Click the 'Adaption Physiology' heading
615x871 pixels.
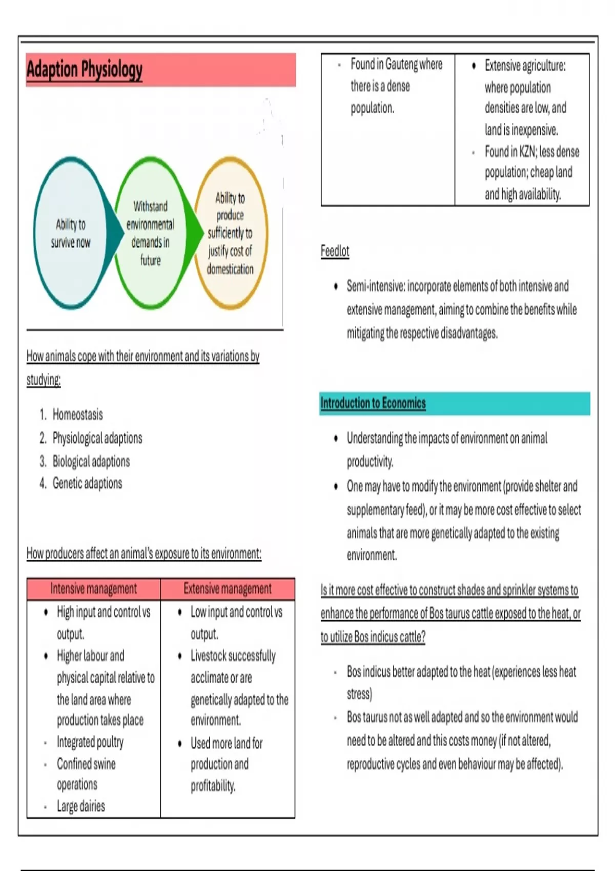pos(85,69)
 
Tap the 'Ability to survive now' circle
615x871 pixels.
pos(71,233)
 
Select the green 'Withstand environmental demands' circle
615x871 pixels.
pos(150,233)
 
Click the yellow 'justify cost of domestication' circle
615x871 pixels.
pos(230,233)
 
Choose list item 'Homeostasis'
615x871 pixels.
pos(77,414)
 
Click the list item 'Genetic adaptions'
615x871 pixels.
pos(87,483)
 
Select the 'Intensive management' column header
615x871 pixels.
pos(94,589)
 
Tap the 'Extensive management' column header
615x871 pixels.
pos(228,589)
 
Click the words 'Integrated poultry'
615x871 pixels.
pos(90,742)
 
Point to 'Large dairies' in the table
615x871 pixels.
pos(81,806)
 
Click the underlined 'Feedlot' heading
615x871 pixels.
pos(335,251)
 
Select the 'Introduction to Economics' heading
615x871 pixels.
pos(373,403)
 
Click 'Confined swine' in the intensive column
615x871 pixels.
pos(86,764)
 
